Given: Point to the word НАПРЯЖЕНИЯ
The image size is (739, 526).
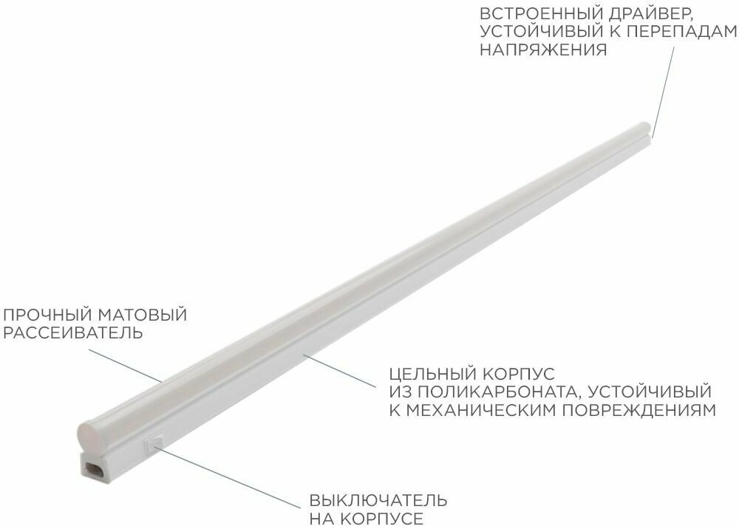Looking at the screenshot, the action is point(543,51).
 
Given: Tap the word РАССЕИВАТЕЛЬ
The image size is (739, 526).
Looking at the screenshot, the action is point(72,333).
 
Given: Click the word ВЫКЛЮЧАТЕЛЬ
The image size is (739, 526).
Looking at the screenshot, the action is point(378,500).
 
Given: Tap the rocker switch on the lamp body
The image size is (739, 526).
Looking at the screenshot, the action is point(154,443).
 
